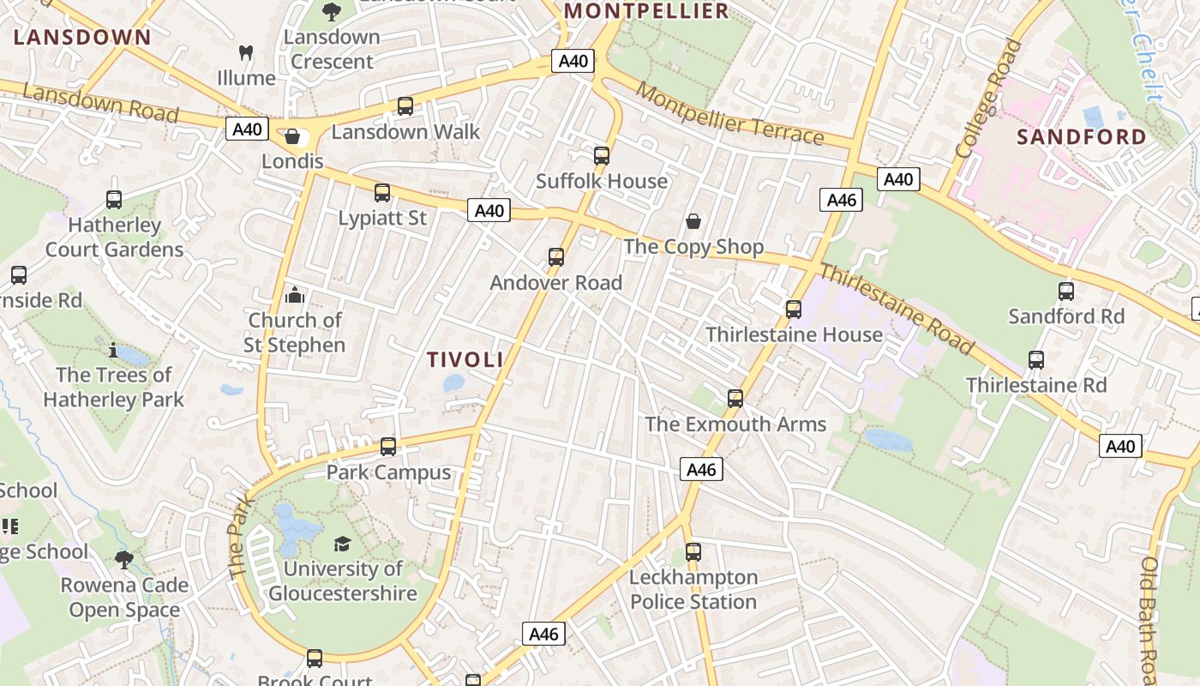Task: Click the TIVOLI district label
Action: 465,359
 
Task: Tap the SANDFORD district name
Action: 1081,137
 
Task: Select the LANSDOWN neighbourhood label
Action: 82,37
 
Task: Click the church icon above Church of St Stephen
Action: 295,296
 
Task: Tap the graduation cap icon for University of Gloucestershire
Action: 342,545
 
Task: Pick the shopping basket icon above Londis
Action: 292,137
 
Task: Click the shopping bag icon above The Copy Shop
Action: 693,222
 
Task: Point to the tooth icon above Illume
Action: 246,53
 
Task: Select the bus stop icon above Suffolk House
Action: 602,156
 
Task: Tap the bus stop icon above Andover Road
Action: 556,257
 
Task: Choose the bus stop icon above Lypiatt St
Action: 382,193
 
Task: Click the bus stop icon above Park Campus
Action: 388,447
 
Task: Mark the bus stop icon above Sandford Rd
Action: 1066,292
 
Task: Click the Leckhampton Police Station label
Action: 693,589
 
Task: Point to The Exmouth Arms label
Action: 735,424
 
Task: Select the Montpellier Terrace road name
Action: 729,115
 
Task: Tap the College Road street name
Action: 989,99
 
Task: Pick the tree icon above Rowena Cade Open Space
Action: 124,560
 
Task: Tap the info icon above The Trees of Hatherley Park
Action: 113,350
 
